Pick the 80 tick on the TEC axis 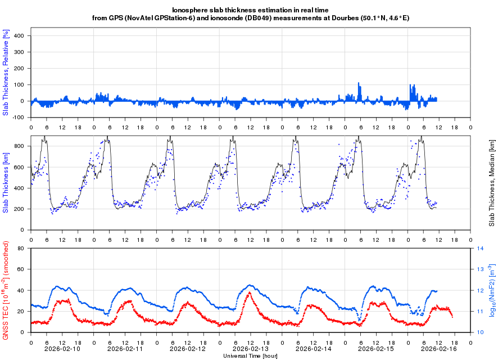coord(22,248)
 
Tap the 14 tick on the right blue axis coord(481,248)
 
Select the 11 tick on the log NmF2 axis coord(481,311)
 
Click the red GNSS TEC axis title coord(6,290)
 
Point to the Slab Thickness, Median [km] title coord(491,183)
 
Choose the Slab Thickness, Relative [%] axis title coord(6,73)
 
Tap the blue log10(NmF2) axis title coord(491,290)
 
